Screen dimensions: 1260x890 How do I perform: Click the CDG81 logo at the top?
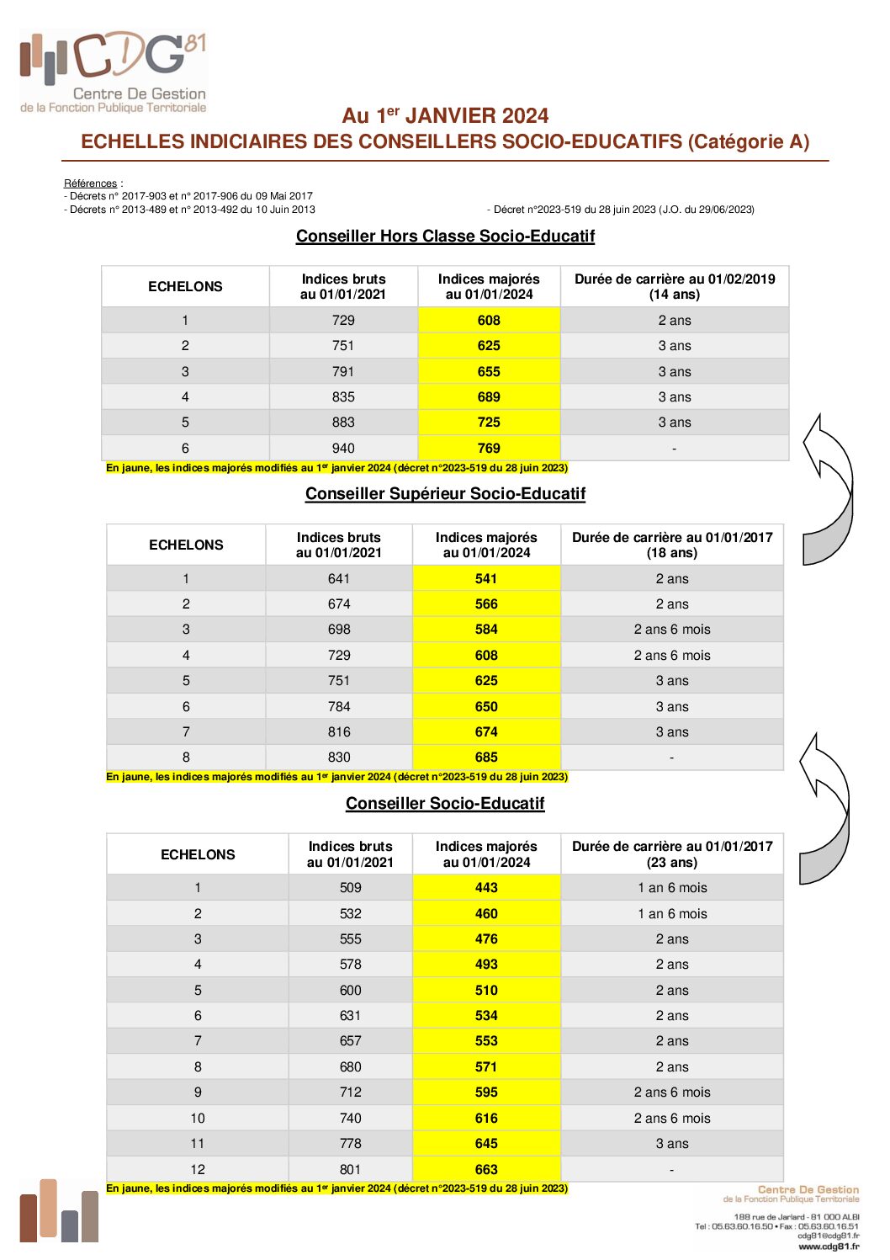tap(114, 71)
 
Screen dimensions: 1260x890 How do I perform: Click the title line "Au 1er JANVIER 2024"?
tap(445, 116)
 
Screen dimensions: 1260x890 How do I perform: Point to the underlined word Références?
tap(90, 183)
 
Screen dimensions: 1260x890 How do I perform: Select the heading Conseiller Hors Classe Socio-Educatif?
tap(445, 237)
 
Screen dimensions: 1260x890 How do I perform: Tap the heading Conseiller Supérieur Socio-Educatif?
tap(445, 494)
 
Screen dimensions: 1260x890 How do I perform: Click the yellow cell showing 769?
tap(489, 449)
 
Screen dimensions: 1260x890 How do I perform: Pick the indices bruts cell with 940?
tap(343, 449)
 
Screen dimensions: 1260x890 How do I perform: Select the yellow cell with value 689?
tap(489, 397)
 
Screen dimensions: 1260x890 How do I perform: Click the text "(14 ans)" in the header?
tap(674, 295)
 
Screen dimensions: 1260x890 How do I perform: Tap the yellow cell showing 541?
tap(486, 579)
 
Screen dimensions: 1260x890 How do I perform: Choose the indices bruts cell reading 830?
tap(339, 758)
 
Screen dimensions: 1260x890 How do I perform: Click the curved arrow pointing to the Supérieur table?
tap(824, 807)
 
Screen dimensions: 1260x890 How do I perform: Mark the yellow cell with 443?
tap(486, 888)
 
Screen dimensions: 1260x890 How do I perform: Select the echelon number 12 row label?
tap(198, 1169)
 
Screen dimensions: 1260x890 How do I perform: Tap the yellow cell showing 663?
tap(486, 1169)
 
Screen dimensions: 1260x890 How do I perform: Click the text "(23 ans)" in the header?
tap(671, 863)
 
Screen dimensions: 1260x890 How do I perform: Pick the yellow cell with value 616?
tap(486, 1118)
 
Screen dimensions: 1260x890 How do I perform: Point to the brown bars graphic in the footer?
tap(59, 1211)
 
